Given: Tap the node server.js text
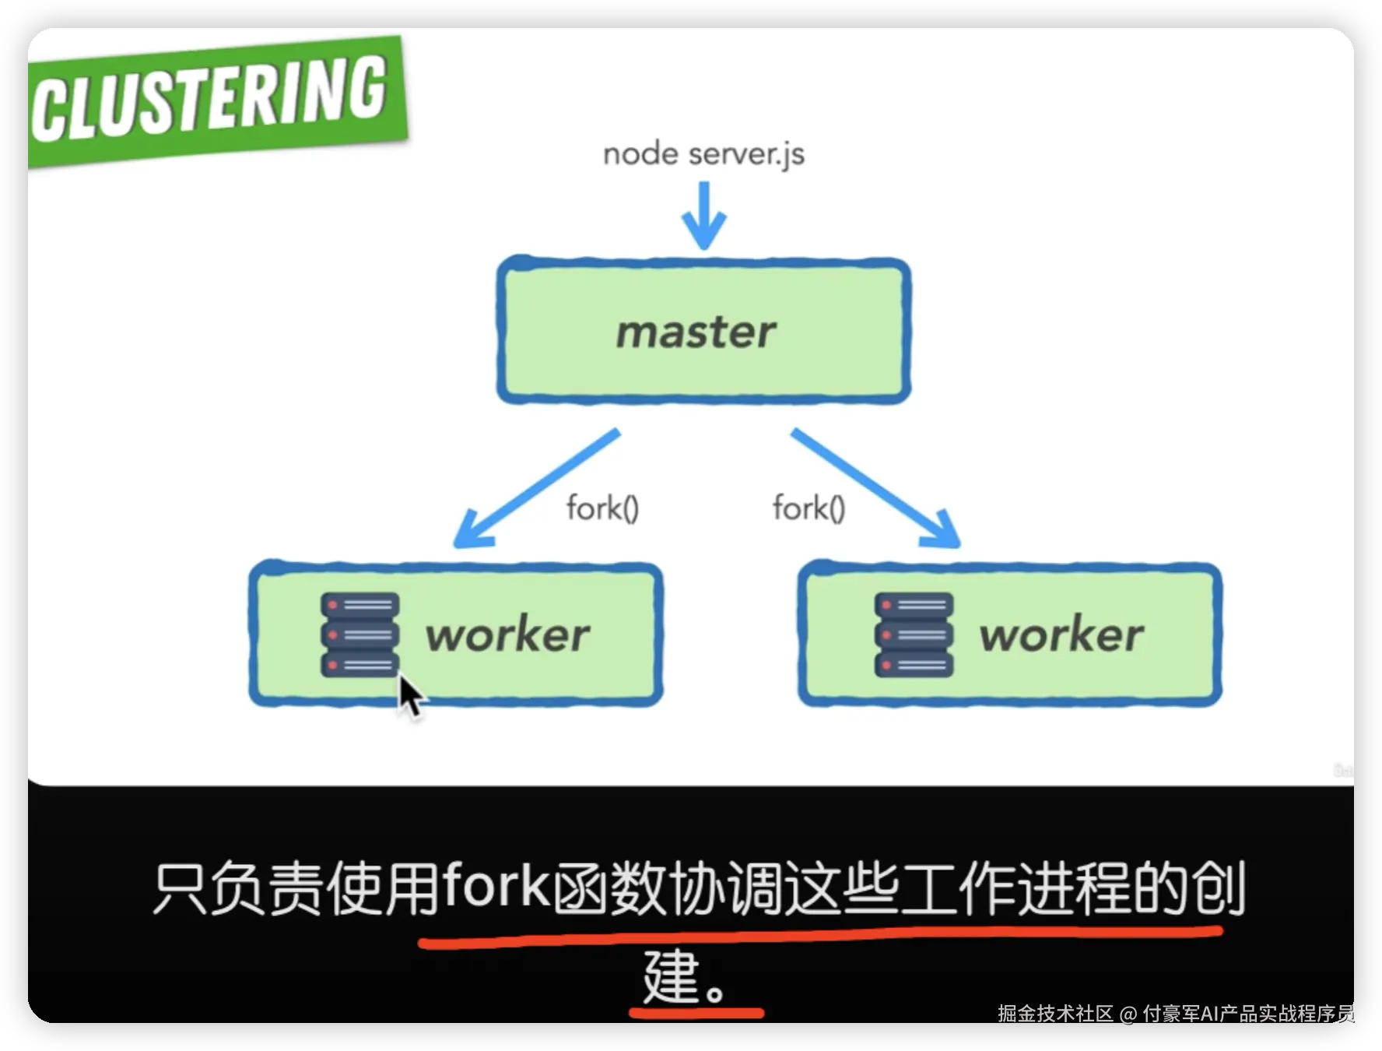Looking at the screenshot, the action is pos(703,154).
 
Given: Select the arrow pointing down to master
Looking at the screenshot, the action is pos(704,216).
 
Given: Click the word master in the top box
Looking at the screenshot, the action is pos(696,332).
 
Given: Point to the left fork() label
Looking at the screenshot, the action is pos(602,508).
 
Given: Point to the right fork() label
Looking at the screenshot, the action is pos(809,508).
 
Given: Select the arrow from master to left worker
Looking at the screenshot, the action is pos(537,488).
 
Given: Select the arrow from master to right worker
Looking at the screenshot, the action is pos(875,488).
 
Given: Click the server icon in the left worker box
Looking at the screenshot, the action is pos(360,634).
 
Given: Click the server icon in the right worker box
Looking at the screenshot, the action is pos(914,634).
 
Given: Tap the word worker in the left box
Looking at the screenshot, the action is pos(507,634).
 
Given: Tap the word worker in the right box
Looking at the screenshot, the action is pos(1061,634).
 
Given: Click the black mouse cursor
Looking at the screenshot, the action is pos(409,695).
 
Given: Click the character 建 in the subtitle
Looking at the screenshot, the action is pos(671,976).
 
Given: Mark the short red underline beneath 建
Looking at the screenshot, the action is pos(696,1013).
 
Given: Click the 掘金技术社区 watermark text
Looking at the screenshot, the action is pos(1055,1014).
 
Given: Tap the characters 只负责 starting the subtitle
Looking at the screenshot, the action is pos(238,888).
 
